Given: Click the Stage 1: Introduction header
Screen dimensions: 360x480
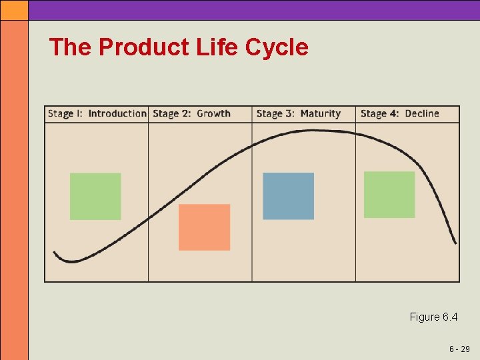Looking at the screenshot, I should pyautogui.click(x=97, y=114).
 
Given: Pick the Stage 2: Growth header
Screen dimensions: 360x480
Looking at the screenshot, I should pyautogui.click(x=191, y=114).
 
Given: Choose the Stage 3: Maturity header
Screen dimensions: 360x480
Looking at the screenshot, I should pyautogui.click(x=298, y=114).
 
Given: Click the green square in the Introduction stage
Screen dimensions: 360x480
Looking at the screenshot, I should pyautogui.click(x=95, y=197).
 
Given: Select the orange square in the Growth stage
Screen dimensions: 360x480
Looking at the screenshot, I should pyautogui.click(x=204, y=227).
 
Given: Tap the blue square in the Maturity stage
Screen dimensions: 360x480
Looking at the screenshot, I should pyautogui.click(x=288, y=196).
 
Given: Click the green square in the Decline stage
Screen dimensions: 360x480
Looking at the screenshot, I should pyautogui.click(x=389, y=195).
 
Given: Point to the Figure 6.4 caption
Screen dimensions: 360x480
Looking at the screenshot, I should pyautogui.click(x=433, y=317).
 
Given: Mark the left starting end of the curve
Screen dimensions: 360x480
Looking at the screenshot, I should pyautogui.click(x=55, y=253).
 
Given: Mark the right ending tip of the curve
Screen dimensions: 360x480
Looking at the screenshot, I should pyautogui.click(x=455, y=243).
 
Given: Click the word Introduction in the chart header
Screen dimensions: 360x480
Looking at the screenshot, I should pyautogui.click(x=117, y=114).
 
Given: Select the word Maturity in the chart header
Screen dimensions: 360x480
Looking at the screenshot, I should pyautogui.click(x=320, y=114).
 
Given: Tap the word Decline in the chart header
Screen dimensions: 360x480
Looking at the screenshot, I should pyautogui.click(x=421, y=114).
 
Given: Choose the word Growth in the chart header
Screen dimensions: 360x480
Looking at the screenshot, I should pyautogui.click(x=213, y=114).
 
